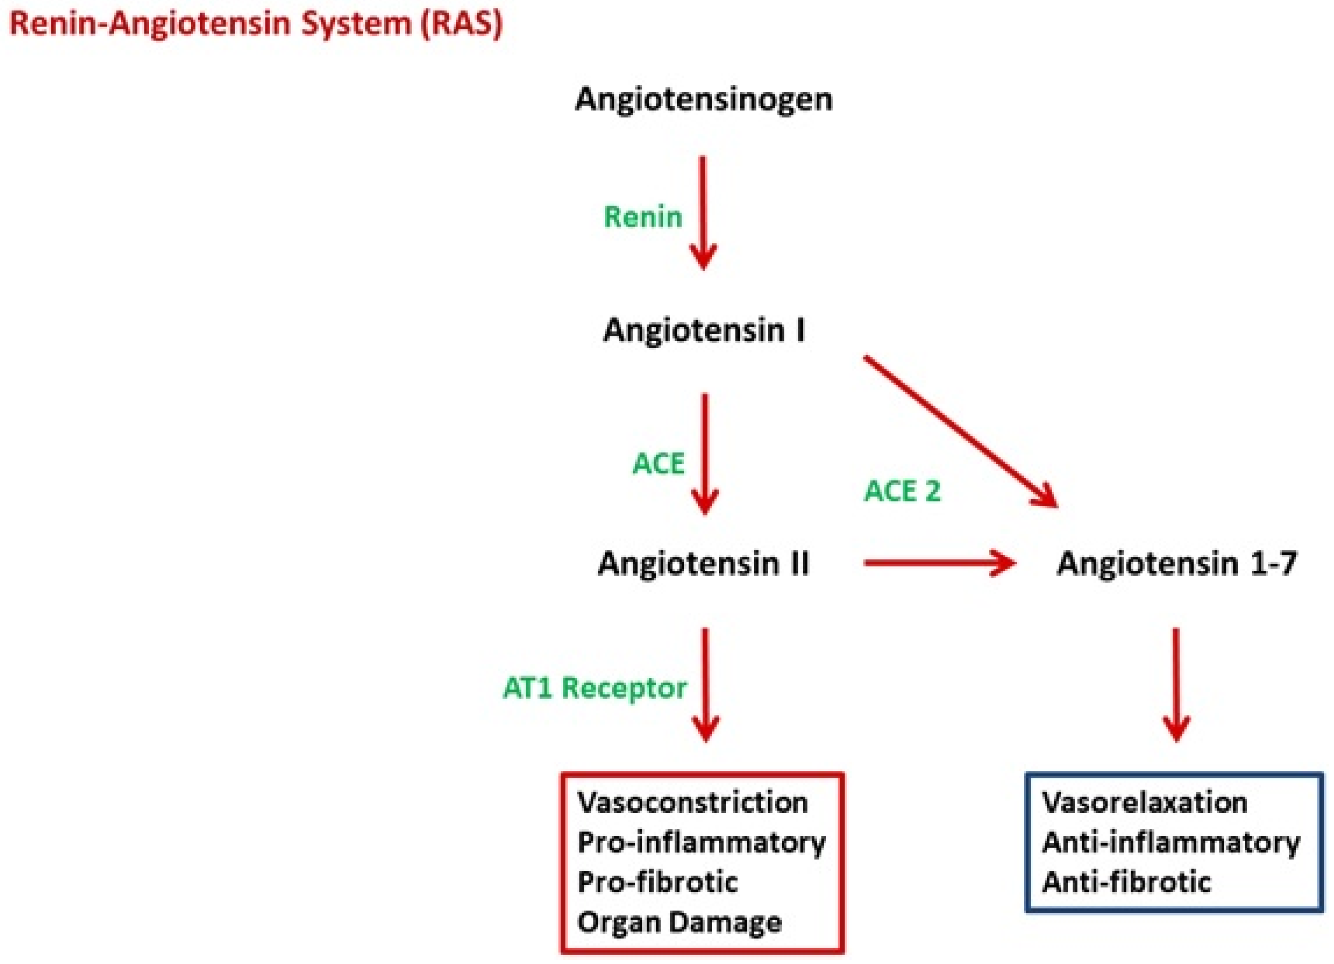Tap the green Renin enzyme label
coord(643,217)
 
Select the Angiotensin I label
coord(704,330)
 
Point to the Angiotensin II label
coord(703,563)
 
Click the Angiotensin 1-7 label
coord(1177,563)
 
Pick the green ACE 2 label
coord(902,491)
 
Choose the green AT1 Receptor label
coord(595,688)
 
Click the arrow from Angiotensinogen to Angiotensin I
coord(703,213)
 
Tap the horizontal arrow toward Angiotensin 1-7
coord(940,563)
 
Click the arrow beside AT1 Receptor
coord(705,685)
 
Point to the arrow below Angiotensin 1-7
coord(1176,685)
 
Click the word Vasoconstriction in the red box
coord(693,803)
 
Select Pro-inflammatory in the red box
coord(702,843)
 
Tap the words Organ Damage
coord(680,922)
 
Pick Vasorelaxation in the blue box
coord(1145,803)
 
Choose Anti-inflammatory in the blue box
coord(1171,843)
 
